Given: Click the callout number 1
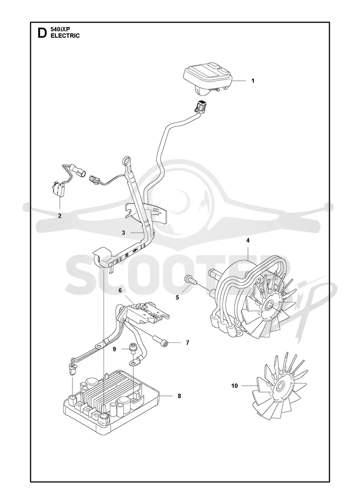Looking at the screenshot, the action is coord(252,81).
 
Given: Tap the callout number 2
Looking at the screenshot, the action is coord(60,216).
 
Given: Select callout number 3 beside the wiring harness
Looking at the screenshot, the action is coord(123,233).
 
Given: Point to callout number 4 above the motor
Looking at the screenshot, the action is coord(248,240).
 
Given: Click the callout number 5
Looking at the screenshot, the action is coord(177,297).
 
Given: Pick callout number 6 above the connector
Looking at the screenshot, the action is coord(120,290).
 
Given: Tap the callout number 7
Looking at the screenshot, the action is coord(187,342).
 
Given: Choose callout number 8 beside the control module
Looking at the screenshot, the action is coord(179,396).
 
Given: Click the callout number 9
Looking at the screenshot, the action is coord(114,349).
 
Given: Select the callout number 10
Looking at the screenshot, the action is coord(234,385).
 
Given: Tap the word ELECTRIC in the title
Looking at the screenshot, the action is coord(65,36).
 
